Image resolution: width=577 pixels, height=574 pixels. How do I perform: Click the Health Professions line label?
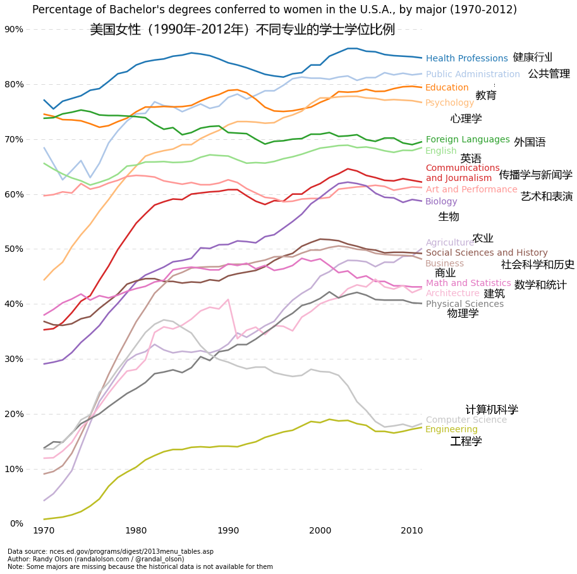(466, 59)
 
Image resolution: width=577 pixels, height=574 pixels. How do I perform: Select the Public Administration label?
(473, 75)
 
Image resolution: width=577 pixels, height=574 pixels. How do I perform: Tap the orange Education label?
(447, 88)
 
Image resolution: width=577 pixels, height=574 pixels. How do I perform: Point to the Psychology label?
(449, 103)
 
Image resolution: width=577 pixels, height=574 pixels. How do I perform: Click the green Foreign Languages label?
(468, 140)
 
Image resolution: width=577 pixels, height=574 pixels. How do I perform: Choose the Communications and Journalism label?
(463, 173)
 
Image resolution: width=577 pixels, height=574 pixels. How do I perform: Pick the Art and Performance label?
(471, 189)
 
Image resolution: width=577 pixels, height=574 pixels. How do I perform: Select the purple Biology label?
(441, 202)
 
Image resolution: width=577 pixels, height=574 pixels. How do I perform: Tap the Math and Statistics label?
(468, 284)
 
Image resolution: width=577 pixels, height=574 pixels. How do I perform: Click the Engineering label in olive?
(451, 430)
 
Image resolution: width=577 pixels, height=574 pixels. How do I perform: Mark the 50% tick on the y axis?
(14, 249)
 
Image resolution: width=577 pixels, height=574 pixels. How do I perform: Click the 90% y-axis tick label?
(14, 30)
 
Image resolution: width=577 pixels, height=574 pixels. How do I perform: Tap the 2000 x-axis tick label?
(320, 530)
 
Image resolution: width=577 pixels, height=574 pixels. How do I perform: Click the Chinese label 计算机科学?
(492, 410)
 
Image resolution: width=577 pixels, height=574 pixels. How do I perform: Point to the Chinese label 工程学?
(466, 442)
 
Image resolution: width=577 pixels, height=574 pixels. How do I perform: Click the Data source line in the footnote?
(111, 552)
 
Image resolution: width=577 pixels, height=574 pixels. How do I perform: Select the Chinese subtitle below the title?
(242, 30)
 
